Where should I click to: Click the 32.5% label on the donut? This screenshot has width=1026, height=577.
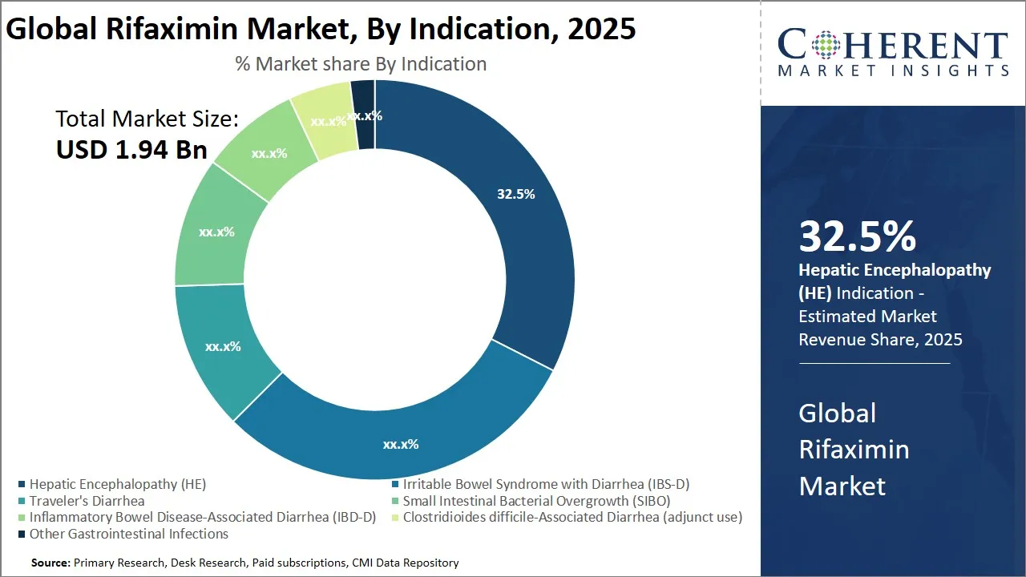(515, 194)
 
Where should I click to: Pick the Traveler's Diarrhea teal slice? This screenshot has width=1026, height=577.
(220, 347)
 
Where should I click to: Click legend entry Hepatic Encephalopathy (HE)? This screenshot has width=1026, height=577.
(117, 484)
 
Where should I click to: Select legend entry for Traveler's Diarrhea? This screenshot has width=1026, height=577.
(87, 501)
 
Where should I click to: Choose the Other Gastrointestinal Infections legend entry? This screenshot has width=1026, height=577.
(128, 534)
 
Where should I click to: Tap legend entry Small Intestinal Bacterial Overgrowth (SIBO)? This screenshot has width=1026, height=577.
(536, 501)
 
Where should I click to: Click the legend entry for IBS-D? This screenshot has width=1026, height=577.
(546, 484)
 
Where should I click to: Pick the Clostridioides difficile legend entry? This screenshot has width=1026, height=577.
(572, 517)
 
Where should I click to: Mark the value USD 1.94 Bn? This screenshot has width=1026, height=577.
(131, 149)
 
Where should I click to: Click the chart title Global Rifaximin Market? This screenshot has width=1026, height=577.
(321, 29)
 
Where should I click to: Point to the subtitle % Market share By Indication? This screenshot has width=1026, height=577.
(361, 63)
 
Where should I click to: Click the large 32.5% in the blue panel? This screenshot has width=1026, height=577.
(857, 236)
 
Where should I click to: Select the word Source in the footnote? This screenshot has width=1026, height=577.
(50, 563)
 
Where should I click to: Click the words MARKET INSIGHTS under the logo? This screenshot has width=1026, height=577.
(893, 71)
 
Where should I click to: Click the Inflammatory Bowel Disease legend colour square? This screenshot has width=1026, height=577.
(22, 518)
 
